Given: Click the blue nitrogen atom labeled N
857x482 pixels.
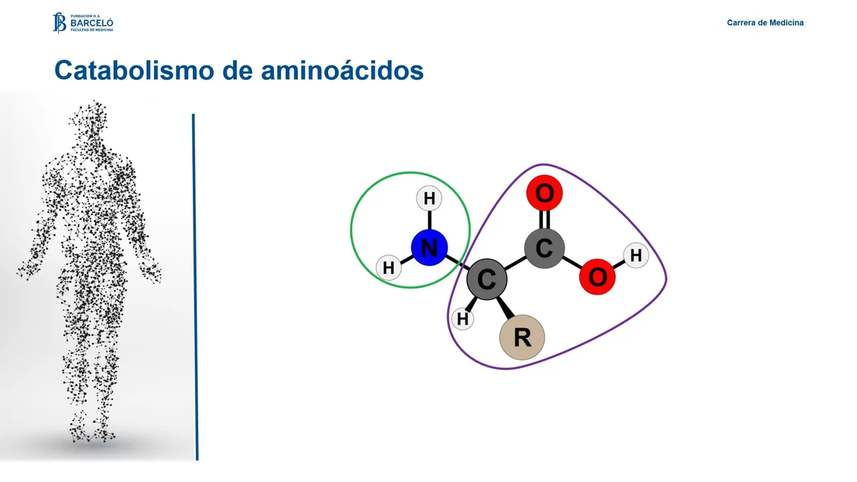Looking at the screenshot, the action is (x=429, y=248).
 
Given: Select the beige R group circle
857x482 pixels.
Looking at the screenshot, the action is (x=522, y=337).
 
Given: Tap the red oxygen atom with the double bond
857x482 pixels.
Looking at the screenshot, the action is (x=544, y=193).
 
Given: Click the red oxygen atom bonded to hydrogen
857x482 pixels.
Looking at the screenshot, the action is (x=597, y=276).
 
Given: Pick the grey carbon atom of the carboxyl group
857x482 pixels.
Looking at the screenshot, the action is (x=544, y=248).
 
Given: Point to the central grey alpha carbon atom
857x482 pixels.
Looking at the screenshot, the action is (x=487, y=279).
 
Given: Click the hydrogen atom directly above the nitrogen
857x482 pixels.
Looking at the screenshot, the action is (x=429, y=198).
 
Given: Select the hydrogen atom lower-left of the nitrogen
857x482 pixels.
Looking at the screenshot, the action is (x=388, y=268).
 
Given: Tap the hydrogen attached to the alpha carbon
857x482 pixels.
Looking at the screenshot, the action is (x=463, y=319).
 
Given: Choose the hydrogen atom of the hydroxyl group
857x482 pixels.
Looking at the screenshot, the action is (x=636, y=255).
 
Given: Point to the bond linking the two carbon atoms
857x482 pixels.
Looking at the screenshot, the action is (x=515, y=264).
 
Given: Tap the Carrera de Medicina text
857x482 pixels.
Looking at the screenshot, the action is (x=765, y=23).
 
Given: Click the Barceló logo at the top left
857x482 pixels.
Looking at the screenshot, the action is (x=83, y=22).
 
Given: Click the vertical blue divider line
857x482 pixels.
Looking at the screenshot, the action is (x=195, y=288).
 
